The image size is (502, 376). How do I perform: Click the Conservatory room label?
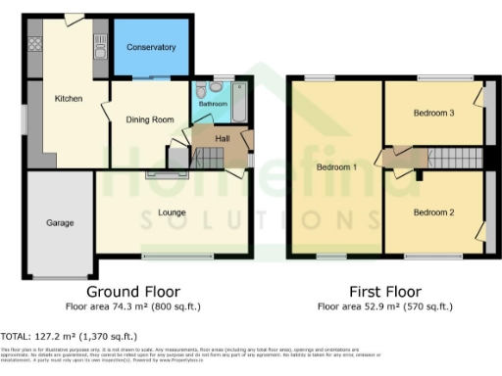point(151,47)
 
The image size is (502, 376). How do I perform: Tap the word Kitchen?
point(68,99)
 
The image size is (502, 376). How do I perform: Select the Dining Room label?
point(150,119)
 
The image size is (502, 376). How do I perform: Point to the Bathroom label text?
point(213,103)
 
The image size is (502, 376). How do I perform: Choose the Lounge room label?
point(172,212)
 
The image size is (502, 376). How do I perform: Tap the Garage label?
point(60,223)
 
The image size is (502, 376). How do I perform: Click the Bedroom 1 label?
point(335,167)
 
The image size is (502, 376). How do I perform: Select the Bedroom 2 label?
point(432,211)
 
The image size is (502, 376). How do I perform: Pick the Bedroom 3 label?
point(432,114)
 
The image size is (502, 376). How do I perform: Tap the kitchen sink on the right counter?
point(99,44)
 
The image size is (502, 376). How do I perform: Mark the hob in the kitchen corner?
point(34,43)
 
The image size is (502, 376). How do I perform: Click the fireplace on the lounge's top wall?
point(160,175)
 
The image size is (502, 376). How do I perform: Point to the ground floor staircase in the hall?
point(207,157)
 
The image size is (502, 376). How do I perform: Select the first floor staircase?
point(453,158)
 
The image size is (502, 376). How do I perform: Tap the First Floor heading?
point(385,292)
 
